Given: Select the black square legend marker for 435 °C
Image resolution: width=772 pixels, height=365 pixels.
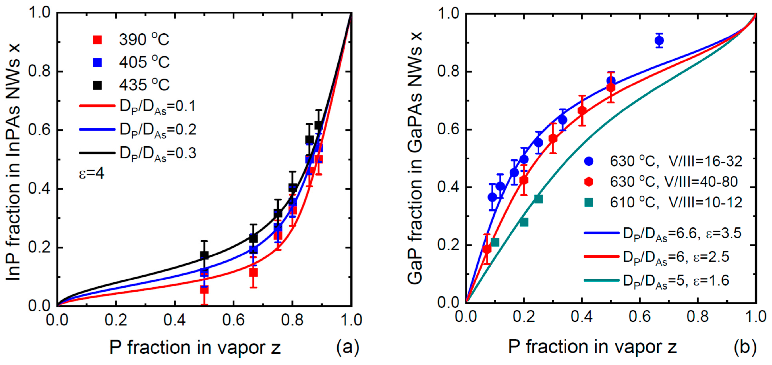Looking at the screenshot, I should point(97,85).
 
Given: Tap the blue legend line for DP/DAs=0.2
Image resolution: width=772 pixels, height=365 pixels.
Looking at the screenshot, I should point(97,129).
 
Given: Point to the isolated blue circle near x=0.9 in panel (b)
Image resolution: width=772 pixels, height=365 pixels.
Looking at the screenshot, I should point(659,40).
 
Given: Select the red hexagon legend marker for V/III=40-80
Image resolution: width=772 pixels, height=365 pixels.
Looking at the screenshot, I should point(589,182).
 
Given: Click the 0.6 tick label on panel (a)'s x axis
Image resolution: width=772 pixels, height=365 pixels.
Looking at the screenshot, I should point(233,320).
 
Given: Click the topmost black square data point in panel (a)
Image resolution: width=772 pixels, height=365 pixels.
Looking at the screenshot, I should point(318,125).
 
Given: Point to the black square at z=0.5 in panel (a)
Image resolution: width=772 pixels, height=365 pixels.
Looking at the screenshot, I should point(204,255).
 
